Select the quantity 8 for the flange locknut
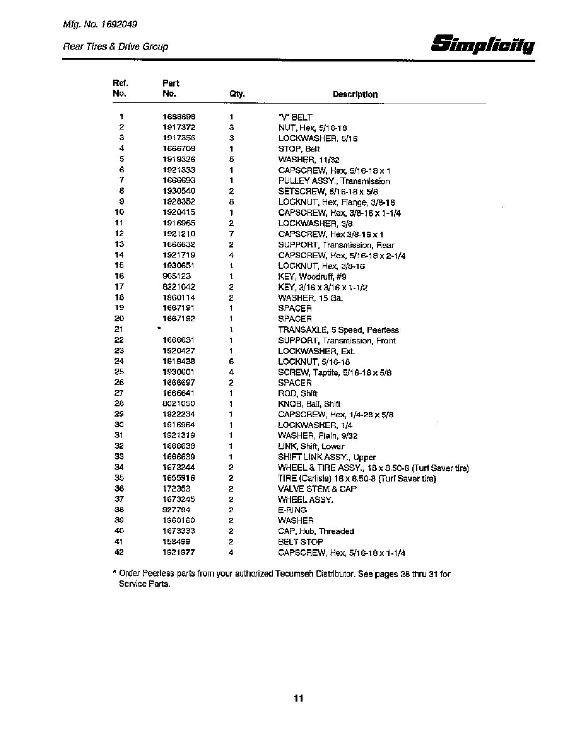pos(230,202)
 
